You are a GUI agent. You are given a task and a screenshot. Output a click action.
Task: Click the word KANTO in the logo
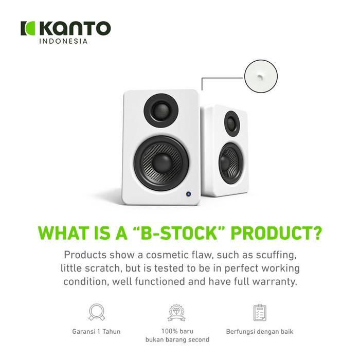pos(75,28)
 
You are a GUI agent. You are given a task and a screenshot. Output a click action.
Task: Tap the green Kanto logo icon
pos(27,28)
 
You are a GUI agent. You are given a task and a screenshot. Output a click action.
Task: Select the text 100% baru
pos(177,331)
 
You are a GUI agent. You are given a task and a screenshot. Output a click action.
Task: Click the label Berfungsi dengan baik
pos(260,331)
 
